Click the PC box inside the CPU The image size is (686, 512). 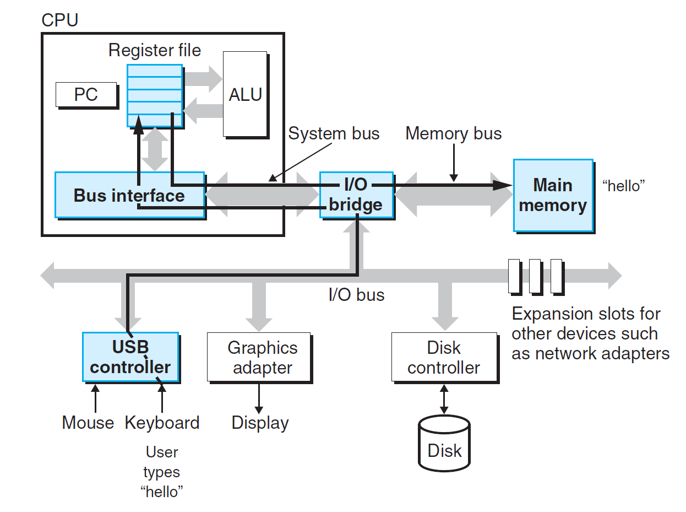86,95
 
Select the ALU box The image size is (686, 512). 246,94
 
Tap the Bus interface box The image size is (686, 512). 129,196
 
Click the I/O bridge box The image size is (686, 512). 356,195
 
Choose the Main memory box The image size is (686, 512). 553,195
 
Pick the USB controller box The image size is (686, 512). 130,357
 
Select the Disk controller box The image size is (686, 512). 444,357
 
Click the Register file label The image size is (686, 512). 155,51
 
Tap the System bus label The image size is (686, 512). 334,133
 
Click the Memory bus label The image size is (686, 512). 454,133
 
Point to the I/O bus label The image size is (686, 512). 356,295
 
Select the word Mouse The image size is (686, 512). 88,423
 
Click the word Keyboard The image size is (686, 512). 162,423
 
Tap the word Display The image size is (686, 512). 260,423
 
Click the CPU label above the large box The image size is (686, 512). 60,20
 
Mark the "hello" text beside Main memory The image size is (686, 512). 623,186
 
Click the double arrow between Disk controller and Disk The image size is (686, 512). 444,399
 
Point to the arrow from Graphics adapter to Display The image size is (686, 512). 260,397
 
